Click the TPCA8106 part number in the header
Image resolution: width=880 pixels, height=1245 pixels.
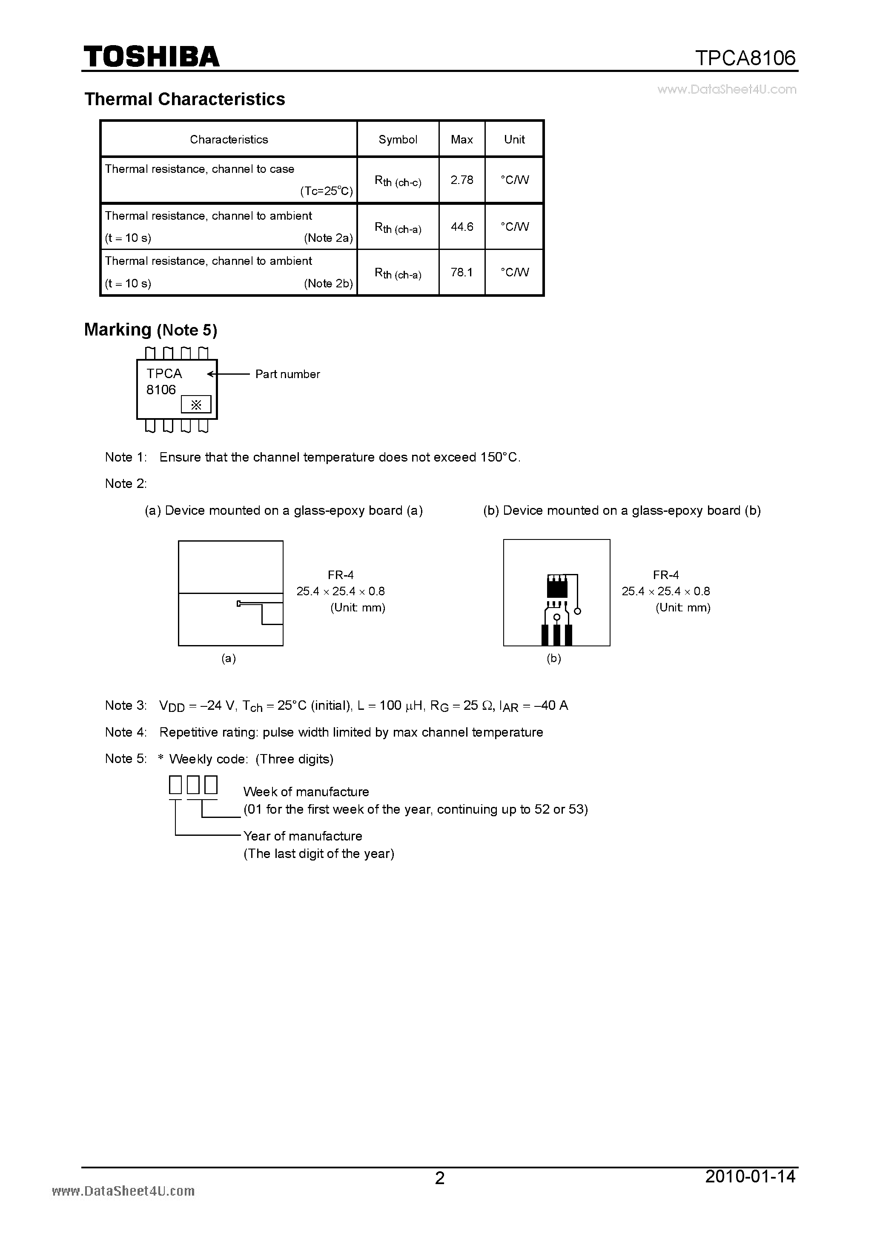click(x=745, y=58)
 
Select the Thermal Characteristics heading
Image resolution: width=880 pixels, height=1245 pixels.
click(x=184, y=99)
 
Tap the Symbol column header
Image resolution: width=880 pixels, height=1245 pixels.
click(x=398, y=139)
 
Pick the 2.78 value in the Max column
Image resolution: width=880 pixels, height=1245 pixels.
click(x=461, y=180)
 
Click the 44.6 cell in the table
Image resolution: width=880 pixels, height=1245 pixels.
click(x=461, y=227)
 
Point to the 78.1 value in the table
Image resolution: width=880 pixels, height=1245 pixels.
click(x=461, y=272)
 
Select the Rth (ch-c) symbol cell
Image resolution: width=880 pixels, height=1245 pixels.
click(x=398, y=181)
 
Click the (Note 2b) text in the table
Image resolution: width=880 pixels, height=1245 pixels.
click(x=328, y=283)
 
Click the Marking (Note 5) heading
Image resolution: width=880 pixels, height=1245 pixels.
click(x=150, y=330)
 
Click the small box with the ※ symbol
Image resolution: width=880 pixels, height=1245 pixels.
click(x=196, y=404)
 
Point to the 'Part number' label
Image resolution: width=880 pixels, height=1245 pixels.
click(x=287, y=374)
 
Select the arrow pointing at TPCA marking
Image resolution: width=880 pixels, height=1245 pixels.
click(x=228, y=374)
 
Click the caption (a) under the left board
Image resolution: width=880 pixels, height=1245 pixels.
click(x=228, y=658)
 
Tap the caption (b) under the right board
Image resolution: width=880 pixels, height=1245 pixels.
click(x=553, y=658)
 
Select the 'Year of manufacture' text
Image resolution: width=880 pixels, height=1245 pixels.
click(x=303, y=835)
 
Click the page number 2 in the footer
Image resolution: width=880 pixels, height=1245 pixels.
click(x=440, y=1178)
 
